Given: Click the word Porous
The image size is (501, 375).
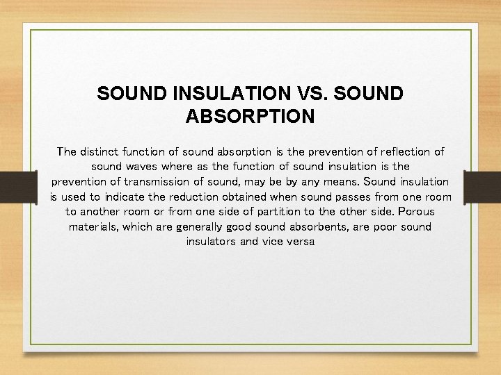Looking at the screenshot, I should point(417,212).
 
